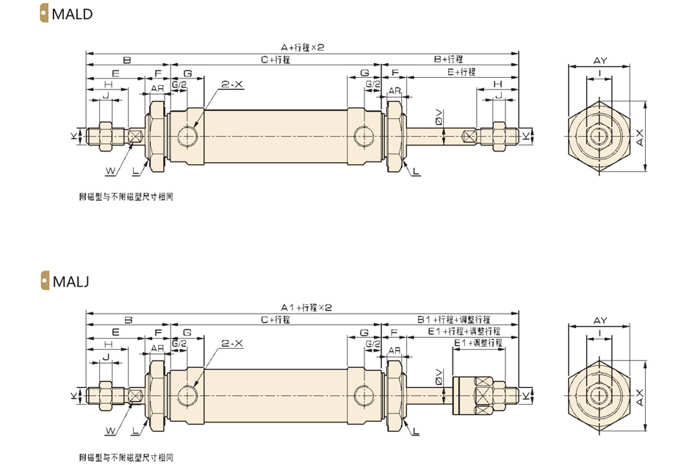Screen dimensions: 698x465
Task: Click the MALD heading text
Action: point(72,14)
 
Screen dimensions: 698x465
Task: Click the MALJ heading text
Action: point(71,281)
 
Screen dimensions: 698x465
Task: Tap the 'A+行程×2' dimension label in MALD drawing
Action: point(302,47)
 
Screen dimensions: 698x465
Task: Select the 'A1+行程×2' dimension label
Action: point(306,308)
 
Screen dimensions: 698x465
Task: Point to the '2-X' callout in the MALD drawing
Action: point(232,84)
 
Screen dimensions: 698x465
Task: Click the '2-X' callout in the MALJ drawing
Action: point(232,344)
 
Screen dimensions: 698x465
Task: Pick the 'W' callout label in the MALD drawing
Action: point(110,171)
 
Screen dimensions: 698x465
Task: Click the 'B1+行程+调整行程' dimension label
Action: point(453,320)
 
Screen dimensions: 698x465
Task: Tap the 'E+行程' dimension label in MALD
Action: point(461,72)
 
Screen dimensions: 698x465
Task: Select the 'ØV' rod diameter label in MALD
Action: point(439,117)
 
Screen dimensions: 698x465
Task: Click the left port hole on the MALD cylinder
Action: point(187,135)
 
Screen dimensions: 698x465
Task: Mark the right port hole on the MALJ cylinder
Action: point(364,395)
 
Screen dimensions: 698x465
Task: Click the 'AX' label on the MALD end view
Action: point(640,137)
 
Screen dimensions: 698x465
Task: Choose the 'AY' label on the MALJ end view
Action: point(600,320)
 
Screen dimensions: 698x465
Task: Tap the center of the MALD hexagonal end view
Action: point(599,136)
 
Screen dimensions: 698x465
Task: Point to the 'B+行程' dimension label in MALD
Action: point(448,60)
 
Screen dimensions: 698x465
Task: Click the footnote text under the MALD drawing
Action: point(126,197)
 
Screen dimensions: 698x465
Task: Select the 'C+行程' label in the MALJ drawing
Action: point(276,320)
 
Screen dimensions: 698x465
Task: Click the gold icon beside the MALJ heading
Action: point(45,281)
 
